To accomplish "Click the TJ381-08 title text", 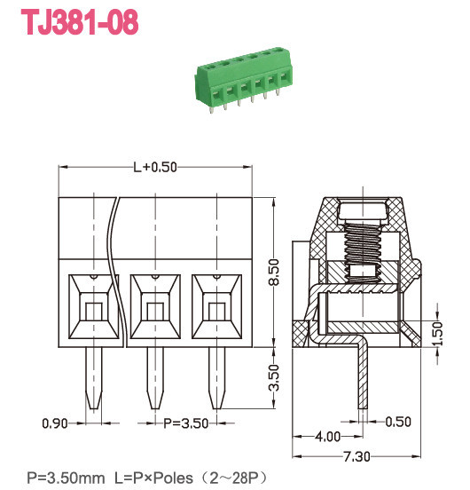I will [x=80, y=23].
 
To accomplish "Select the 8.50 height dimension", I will [x=274, y=270].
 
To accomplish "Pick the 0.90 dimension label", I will [x=56, y=423].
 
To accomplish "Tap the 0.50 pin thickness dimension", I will [x=398, y=422].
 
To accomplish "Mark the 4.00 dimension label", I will [x=327, y=437].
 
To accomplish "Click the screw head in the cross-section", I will [x=364, y=211].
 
